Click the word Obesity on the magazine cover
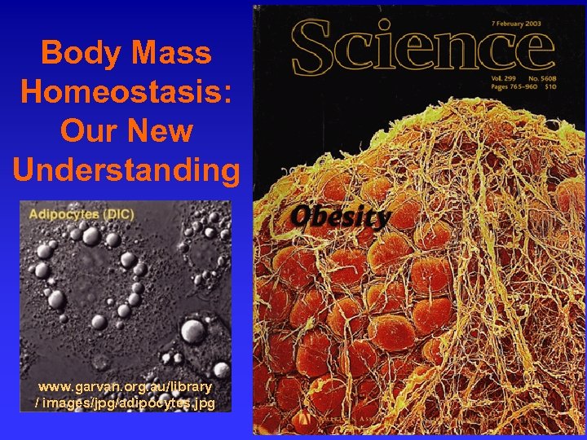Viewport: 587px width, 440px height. click(341, 217)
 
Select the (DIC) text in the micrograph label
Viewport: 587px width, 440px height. click(117, 214)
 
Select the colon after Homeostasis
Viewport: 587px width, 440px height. click(227, 92)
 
